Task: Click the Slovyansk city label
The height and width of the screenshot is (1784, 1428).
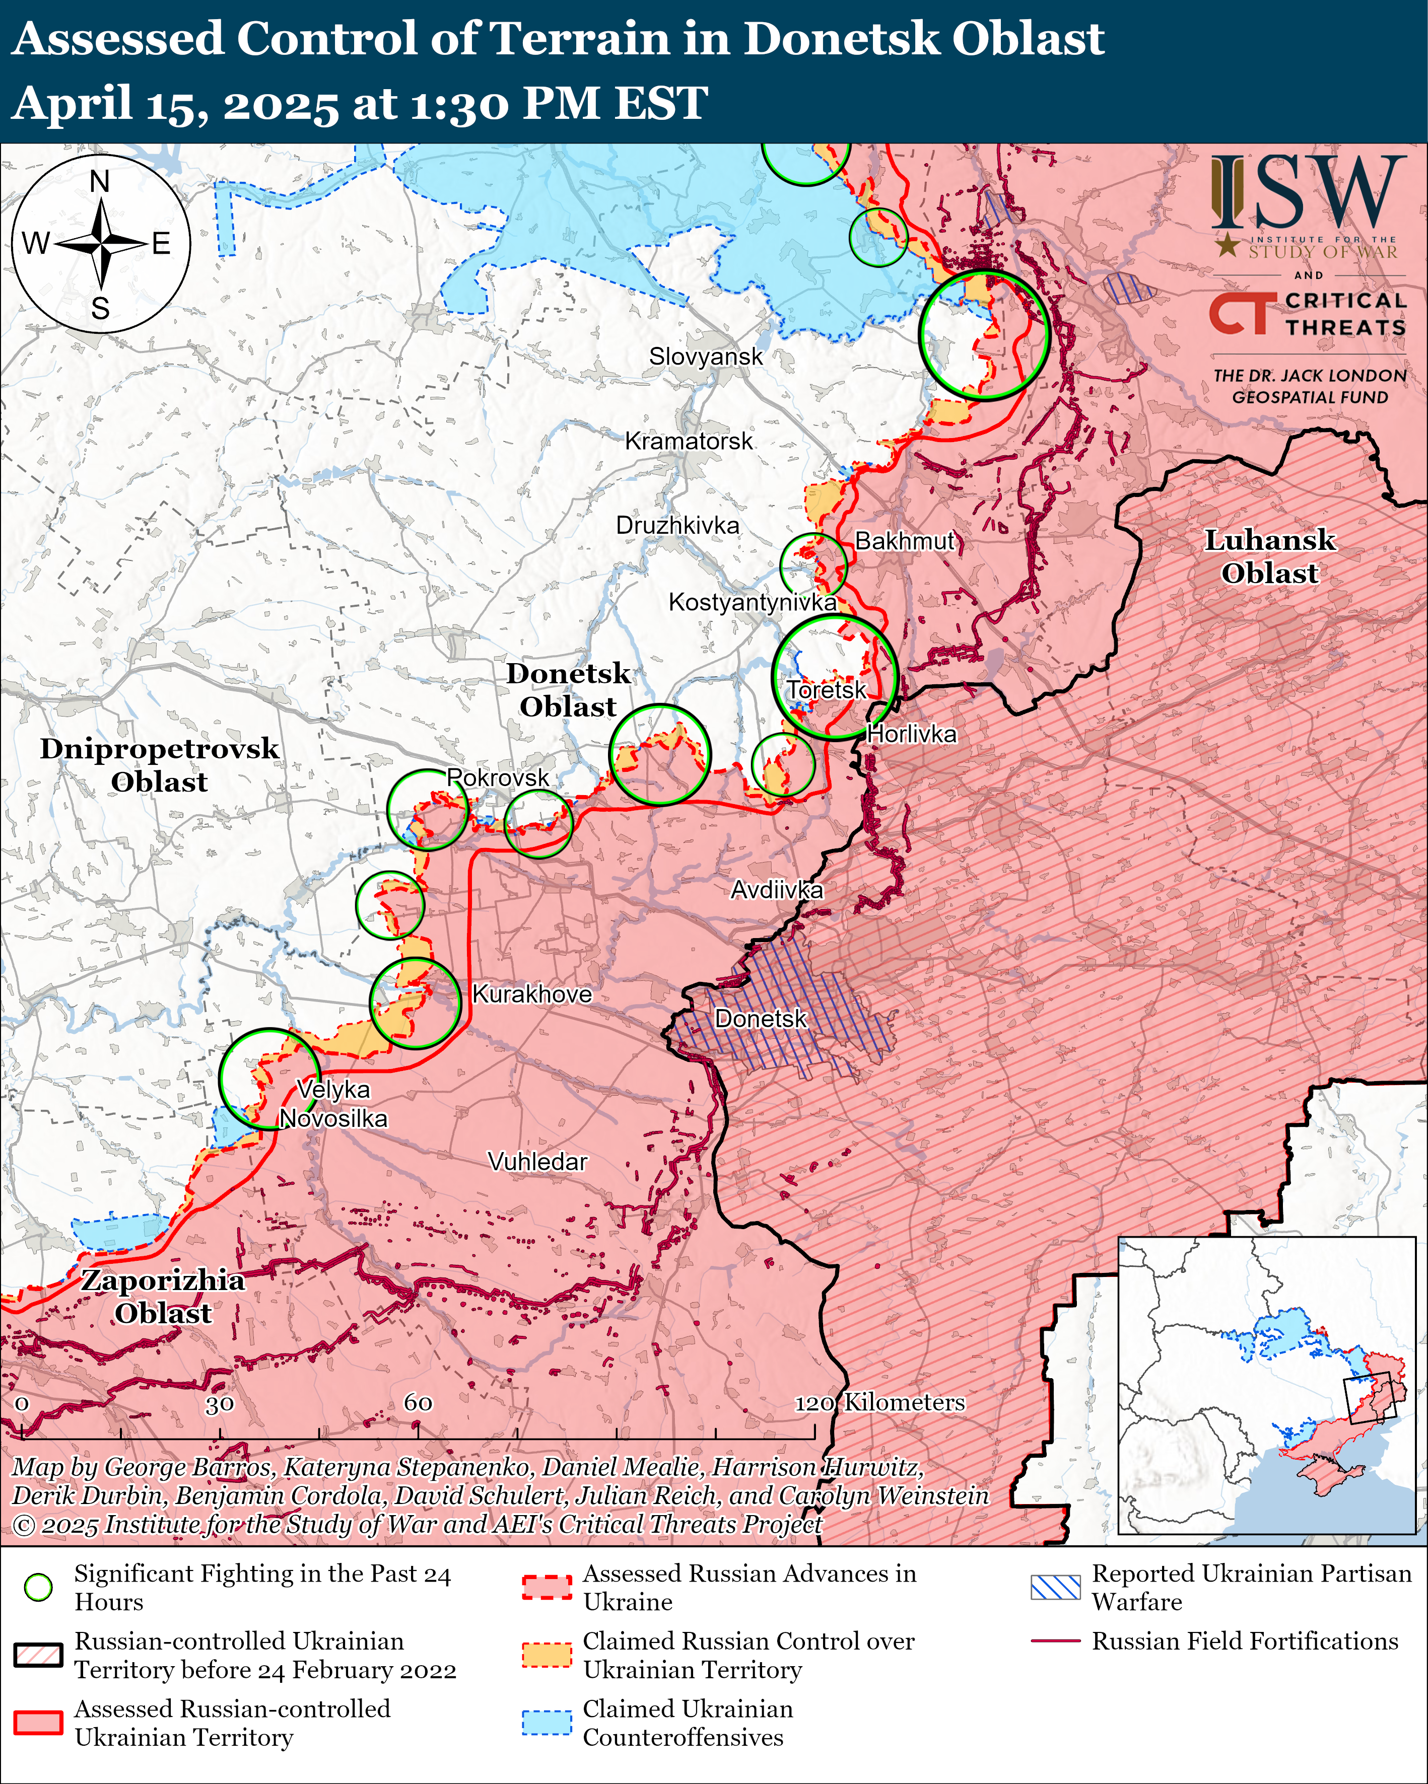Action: tap(705, 356)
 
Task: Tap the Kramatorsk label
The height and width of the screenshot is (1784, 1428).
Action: tap(688, 441)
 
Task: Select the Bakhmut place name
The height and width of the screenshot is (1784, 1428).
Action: tap(904, 541)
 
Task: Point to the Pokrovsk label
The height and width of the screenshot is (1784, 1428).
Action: tap(498, 778)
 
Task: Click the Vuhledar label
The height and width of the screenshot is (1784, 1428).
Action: tap(537, 1162)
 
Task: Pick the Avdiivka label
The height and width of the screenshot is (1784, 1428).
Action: tap(777, 890)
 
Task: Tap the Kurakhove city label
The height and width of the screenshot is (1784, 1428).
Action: tap(531, 994)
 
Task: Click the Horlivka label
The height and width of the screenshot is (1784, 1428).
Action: tap(911, 734)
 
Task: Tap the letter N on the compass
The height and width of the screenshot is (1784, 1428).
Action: tap(99, 181)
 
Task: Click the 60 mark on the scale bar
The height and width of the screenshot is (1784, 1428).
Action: tap(418, 1402)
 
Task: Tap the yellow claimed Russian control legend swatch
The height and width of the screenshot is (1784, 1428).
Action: tap(547, 1655)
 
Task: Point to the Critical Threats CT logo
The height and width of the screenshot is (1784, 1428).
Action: tap(1239, 314)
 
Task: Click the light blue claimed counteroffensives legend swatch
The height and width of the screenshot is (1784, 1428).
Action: tap(547, 1723)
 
